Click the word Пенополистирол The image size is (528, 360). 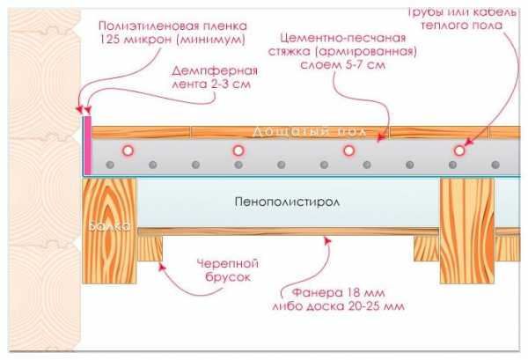290,202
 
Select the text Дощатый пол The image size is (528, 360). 296,130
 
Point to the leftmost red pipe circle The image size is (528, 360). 128,151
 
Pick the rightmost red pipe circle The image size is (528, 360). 458,151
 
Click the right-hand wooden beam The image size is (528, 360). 466,229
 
